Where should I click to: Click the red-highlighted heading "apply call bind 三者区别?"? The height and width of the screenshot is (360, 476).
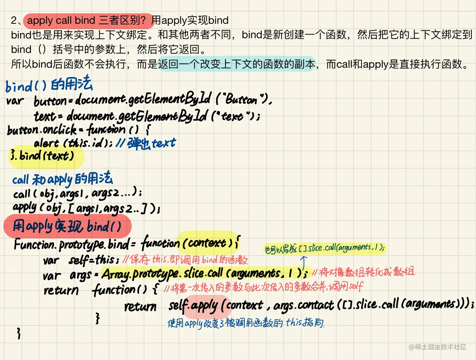(86, 21)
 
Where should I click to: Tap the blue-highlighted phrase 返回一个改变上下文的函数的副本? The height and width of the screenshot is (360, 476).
(237, 64)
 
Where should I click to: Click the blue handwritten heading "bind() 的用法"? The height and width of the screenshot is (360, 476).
(49, 85)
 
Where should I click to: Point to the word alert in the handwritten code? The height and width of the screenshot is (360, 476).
(46, 143)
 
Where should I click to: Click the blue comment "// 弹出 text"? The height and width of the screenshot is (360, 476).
(146, 143)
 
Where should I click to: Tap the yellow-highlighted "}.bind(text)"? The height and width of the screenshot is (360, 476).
(43, 156)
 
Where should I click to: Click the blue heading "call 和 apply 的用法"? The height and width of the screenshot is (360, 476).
(62, 179)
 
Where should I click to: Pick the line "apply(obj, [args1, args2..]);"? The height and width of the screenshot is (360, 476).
(86, 208)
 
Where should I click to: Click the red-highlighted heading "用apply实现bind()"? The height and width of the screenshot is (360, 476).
(67, 226)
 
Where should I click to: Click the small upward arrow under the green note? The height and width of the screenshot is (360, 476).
(304, 260)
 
